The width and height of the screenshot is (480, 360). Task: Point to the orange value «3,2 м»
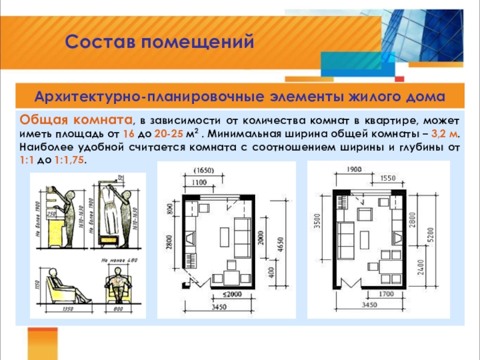click(446, 133)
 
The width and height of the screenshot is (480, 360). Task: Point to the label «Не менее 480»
click(120, 260)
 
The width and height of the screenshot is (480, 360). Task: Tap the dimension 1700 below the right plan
click(386, 294)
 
